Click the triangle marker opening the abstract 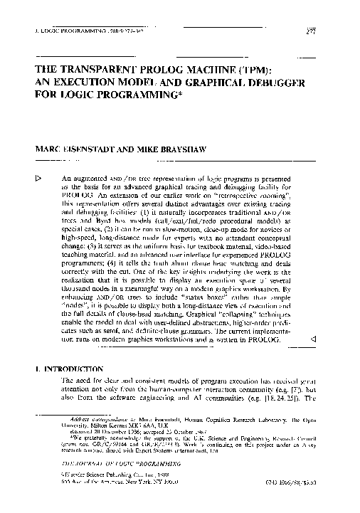[x=39, y=176]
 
